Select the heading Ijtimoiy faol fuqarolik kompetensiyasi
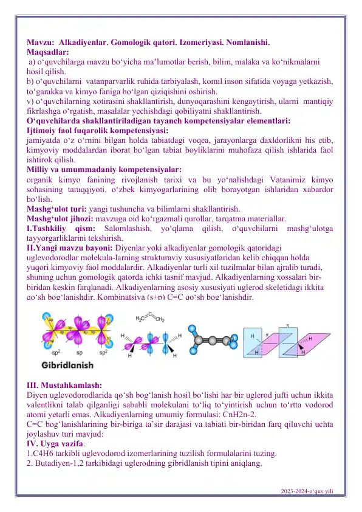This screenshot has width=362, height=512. click(97, 130)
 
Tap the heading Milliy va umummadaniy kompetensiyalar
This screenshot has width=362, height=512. click(104, 169)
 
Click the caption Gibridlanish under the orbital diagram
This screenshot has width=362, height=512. click(67, 366)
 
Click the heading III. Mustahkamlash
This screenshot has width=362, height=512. click(64, 384)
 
